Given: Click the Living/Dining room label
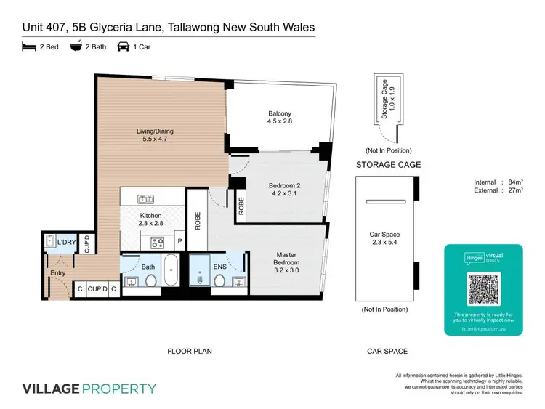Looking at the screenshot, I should pos(156,136).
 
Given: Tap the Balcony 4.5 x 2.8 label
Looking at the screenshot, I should pos(280,118).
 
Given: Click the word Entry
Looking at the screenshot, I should pos(57,273).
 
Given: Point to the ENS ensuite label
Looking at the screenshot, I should pos(219,267).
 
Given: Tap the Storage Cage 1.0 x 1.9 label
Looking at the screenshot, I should pos(387,98).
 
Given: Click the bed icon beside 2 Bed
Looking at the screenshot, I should pos(28,47).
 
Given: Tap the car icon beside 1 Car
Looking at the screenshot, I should pos(124,47).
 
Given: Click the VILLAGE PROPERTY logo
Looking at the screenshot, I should pos(89,388).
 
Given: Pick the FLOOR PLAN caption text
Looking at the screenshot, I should pos(190,351).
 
